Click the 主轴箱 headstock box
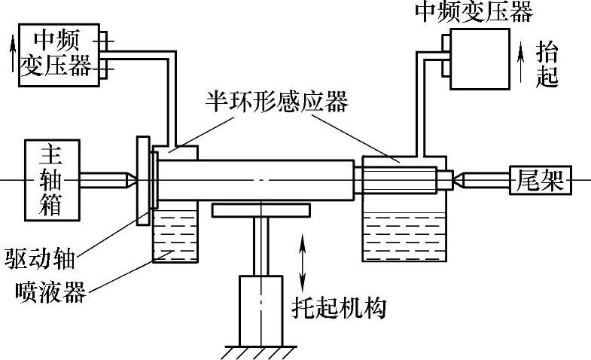51,179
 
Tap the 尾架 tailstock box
540,180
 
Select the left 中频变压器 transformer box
58,53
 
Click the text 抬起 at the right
547,64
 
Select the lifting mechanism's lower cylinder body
260,309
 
